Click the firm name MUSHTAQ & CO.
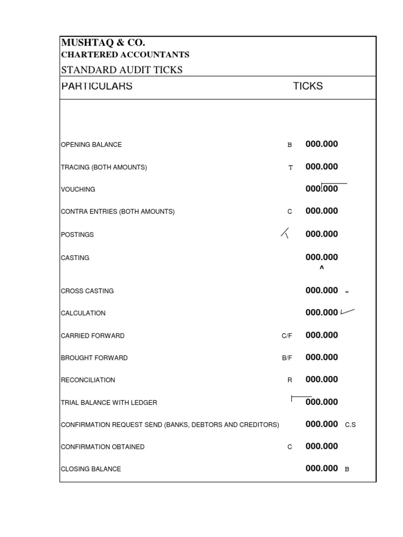pos(103,43)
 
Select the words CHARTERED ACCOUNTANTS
pos(125,55)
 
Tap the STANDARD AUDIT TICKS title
pos(122,70)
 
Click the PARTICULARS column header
pos(97,87)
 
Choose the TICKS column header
pos(307,87)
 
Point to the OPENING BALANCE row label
pos(91,145)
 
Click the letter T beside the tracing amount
pos(290,167)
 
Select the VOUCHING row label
pos(78,189)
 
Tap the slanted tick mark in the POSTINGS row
pos(285,234)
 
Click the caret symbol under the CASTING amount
pos(322,268)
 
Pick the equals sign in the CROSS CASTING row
pos(347,292)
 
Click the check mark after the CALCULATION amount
pos(347,312)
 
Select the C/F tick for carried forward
pos(287,336)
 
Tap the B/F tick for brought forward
pos(287,358)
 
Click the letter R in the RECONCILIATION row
pos(290,380)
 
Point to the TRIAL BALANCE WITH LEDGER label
pos(109,403)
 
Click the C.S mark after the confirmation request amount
pos(350,425)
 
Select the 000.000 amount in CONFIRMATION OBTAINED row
pos(322,446)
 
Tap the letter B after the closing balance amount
pos(347,469)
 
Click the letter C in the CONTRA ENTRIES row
pos(290,212)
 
